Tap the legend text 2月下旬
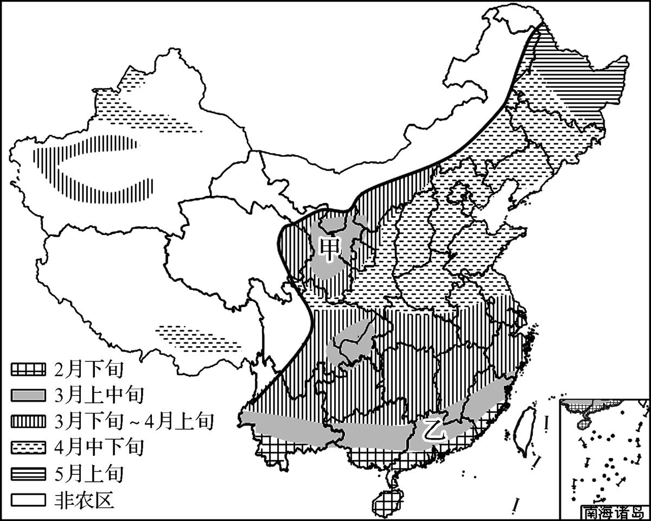coord(89,370)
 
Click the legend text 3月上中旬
coord(98,395)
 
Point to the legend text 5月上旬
coord(89,473)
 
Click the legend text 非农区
coord(84,499)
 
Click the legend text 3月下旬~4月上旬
coord(133,421)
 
